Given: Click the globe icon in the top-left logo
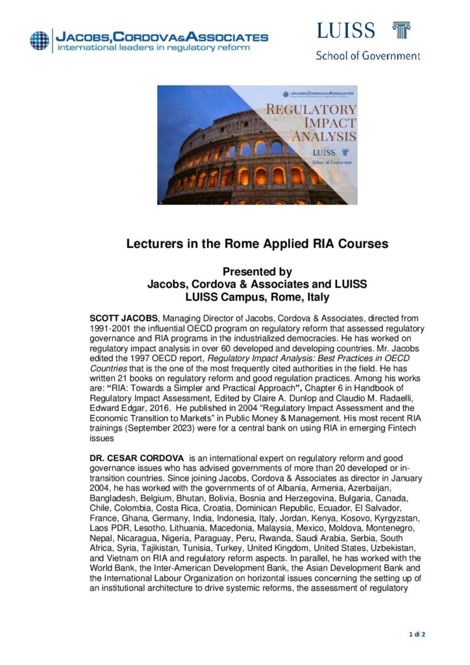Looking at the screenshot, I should (x=40, y=40).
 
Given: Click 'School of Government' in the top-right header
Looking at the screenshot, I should (x=367, y=55).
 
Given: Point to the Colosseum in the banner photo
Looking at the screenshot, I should (x=234, y=162).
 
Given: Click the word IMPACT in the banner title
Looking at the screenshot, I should (x=331, y=122).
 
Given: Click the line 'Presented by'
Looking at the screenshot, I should (x=257, y=272).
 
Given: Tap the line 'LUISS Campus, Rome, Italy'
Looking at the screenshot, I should (x=257, y=297).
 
